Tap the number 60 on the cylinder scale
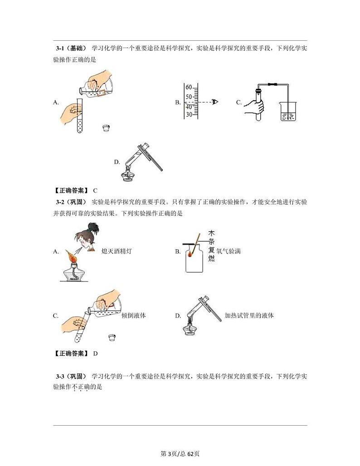click(x=189, y=87)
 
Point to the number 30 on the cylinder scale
click(x=189, y=114)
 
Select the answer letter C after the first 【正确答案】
click(x=95, y=190)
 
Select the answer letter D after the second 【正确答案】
click(x=95, y=353)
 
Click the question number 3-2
click(x=62, y=202)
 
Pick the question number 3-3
click(x=62, y=376)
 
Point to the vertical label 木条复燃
click(x=211, y=246)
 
